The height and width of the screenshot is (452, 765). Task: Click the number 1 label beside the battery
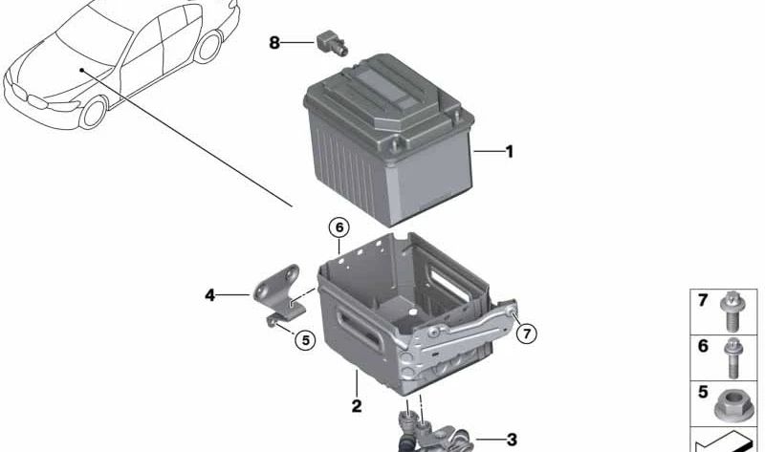tap(510, 151)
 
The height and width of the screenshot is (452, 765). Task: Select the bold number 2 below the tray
tap(357, 406)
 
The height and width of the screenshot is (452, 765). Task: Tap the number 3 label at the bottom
tap(512, 440)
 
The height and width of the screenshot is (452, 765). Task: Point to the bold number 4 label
tap(209, 295)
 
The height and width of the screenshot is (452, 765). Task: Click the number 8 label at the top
tap(274, 42)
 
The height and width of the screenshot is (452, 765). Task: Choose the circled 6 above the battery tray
tap(338, 227)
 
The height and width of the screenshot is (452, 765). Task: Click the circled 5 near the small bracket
tap(303, 338)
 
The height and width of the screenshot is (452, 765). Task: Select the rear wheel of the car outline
tap(206, 48)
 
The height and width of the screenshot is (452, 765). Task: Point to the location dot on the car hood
tap(82, 70)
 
